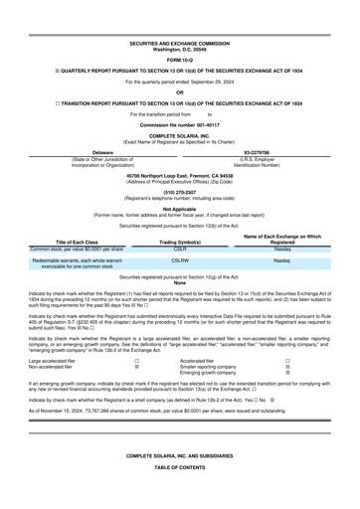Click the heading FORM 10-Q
pos(180,62)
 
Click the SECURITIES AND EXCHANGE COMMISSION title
pos(180,45)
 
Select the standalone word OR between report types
pos(180,93)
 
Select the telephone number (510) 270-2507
pos(180,193)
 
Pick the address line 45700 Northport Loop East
pos(180,174)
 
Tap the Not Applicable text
pos(180,210)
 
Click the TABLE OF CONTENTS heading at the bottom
pos(180,494)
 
